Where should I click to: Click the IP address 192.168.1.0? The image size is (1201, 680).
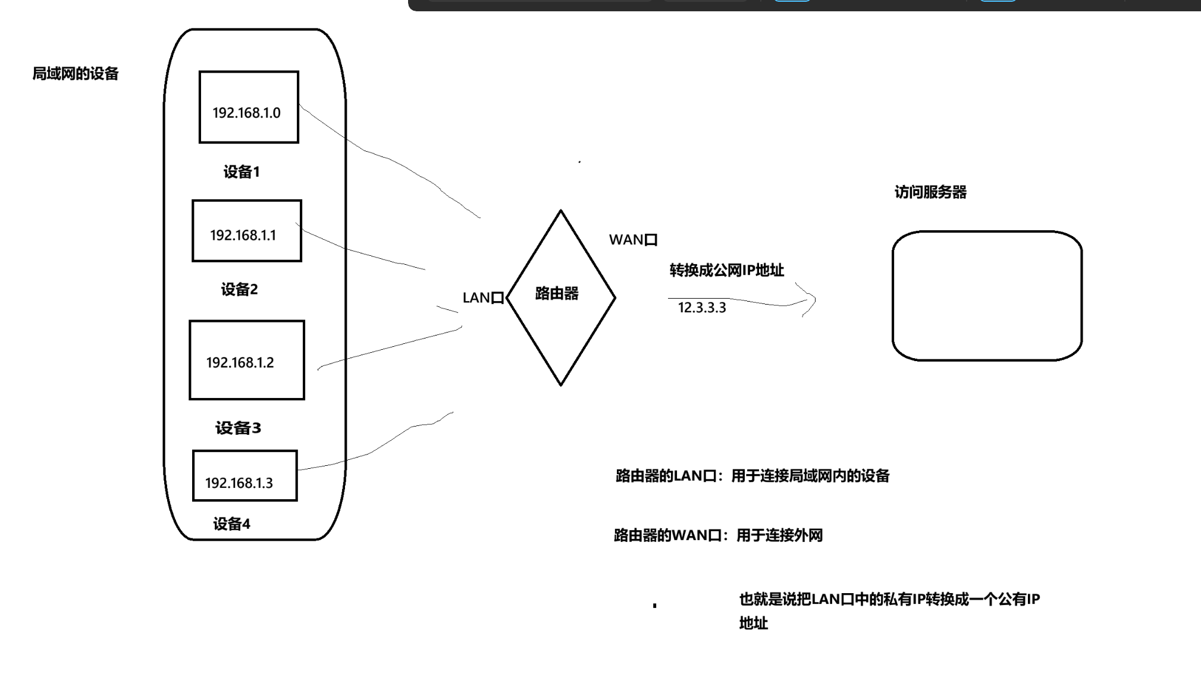click(x=246, y=113)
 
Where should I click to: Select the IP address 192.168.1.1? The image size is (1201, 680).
click(x=243, y=236)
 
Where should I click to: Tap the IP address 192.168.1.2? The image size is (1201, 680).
click(x=240, y=363)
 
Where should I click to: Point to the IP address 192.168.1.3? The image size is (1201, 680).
click(x=239, y=483)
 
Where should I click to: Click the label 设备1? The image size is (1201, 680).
click(x=242, y=172)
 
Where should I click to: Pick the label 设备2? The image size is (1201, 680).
click(x=239, y=290)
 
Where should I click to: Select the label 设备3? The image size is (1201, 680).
click(x=238, y=428)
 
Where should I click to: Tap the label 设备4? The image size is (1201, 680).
click(x=231, y=524)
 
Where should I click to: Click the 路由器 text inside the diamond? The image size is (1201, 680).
click(x=557, y=293)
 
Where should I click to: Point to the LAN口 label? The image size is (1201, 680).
click(x=483, y=298)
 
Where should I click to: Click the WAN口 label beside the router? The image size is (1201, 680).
click(x=633, y=240)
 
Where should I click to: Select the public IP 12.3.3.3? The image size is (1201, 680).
click(x=702, y=308)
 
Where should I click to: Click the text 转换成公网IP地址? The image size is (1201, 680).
click(x=726, y=270)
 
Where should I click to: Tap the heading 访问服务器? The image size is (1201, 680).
click(x=930, y=192)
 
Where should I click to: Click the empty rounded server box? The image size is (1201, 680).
click(x=987, y=296)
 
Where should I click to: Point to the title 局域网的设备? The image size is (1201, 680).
click(x=76, y=74)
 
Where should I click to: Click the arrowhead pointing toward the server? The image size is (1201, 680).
click(x=810, y=300)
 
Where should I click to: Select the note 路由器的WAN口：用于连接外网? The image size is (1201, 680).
click(x=718, y=535)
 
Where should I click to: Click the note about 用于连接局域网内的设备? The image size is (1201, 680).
click(x=752, y=476)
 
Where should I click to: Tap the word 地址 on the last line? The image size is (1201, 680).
click(x=753, y=623)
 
